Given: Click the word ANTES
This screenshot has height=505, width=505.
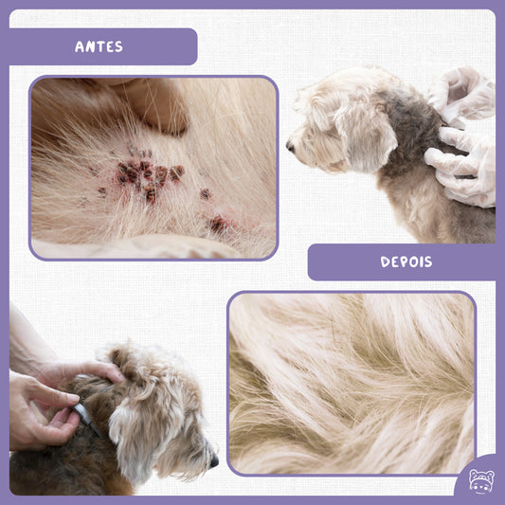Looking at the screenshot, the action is pyautogui.click(x=99, y=46).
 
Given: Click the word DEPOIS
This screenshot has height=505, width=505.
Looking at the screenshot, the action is pyautogui.click(x=406, y=262).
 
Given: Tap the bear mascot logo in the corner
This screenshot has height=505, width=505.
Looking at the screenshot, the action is pyautogui.click(x=481, y=481).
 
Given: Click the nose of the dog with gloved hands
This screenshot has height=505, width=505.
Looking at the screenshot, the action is pyautogui.click(x=290, y=147).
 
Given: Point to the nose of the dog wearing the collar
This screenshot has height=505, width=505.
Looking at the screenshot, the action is pyautogui.click(x=214, y=461).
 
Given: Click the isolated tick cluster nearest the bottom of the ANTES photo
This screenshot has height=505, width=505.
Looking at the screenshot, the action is pyautogui.click(x=218, y=224).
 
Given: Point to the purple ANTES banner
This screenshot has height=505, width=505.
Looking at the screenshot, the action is pyautogui.click(x=103, y=46).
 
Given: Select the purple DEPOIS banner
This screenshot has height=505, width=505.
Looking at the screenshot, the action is pyautogui.click(x=402, y=262).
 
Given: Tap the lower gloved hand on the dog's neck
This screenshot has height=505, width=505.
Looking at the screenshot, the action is pyautogui.click(x=460, y=168).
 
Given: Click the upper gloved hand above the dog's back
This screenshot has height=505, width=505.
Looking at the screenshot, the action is pyautogui.click(x=462, y=94).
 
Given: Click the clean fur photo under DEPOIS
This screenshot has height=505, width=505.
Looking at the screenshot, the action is pyautogui.click(x=352, y=384).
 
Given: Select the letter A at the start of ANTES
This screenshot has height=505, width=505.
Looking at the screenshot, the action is pyautogui.click(x=80, y=47).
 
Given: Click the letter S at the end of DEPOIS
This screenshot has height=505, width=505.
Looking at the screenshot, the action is pyautogui.click(x=428, y=262).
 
